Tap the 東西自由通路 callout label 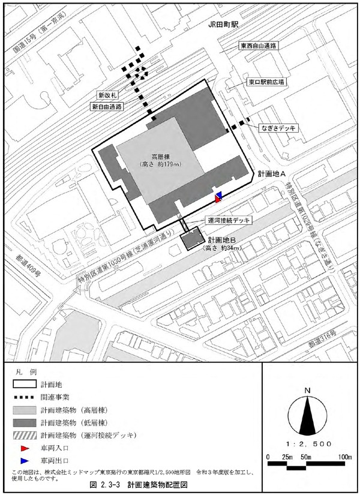[259, 46]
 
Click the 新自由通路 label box [107, 106]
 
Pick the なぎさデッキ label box [278, 128]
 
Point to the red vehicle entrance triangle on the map [217, 199]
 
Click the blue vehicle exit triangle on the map [220, 196]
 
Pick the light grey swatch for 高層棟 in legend [25, 410]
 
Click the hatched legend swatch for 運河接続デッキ [25, 436]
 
